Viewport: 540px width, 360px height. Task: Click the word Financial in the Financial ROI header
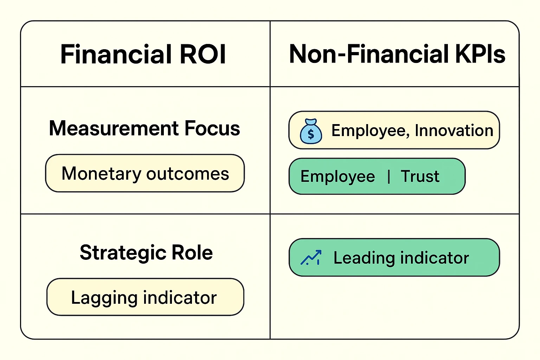click(x=116, y=54)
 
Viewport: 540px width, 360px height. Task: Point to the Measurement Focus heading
click(x=144, y=128)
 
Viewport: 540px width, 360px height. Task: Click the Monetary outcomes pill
click(x=145, y=173)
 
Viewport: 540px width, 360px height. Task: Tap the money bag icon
click(x=311, y=131)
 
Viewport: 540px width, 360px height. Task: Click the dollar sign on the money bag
click(x=311, y=134)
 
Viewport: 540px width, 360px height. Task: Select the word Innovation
click(x=454, y=130)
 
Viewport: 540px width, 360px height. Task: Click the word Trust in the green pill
click(x=420, y=176)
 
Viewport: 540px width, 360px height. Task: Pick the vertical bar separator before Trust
click(x=388, y=176)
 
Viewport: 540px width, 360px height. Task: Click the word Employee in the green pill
click(x=337, y=176)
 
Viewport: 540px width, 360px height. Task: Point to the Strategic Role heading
click(x=146, y=252)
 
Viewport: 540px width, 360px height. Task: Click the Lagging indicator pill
click(x=145, y=297)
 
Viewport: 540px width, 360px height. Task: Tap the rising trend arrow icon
click(x=311, y=258)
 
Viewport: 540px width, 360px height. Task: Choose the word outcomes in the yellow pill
click(x=188, y=174)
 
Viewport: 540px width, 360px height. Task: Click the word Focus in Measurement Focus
click(x=212, y=128)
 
